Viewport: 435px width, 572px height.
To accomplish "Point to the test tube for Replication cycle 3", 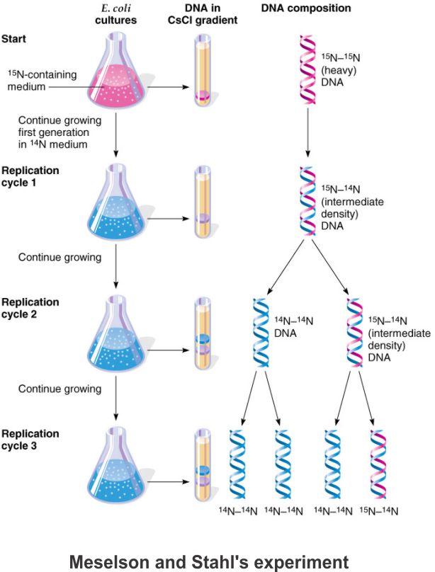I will [203, 463].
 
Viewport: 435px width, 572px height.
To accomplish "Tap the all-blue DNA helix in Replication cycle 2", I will [261, 333].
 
